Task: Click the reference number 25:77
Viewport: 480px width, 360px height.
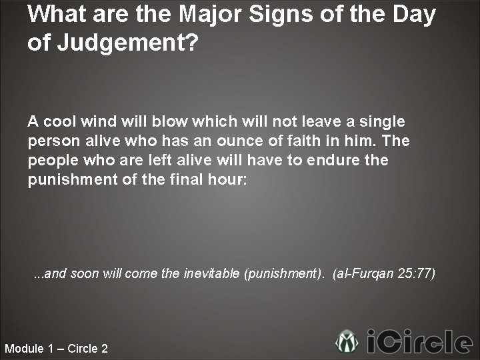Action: (x=416, y=273)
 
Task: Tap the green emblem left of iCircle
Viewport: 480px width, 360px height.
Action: (x=347, y=341)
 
